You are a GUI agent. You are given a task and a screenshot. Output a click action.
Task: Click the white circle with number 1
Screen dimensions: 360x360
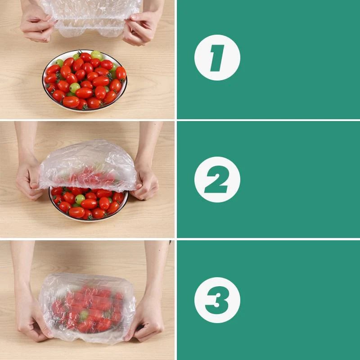click(217, 58)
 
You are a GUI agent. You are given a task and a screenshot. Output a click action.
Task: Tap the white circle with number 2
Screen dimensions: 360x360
click(217, 180)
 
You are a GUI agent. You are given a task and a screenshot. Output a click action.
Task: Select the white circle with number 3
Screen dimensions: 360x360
click(217, 300)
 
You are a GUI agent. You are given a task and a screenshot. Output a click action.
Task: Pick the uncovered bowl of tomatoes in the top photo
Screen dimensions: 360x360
click(85, 81)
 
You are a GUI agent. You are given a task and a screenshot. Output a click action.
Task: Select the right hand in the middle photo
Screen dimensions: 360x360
click(145, 182)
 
